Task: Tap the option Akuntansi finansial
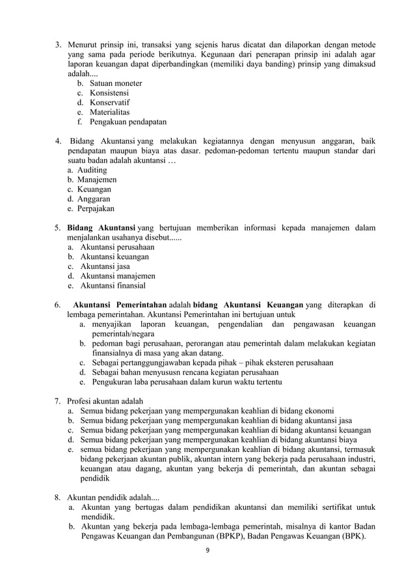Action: click(113, 285)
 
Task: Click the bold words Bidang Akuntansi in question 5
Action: click(101, 227)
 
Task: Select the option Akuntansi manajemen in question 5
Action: click(118, 275)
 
